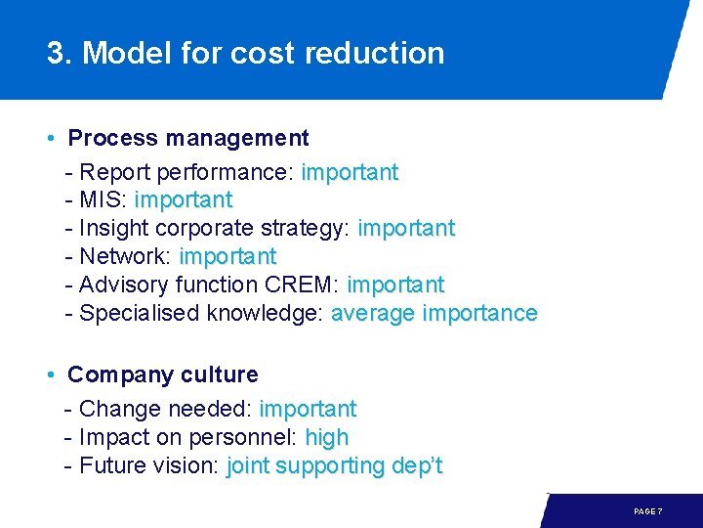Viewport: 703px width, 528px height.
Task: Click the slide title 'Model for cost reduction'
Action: [x=264, y=53]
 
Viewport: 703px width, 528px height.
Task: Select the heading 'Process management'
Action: [x=188, y=138]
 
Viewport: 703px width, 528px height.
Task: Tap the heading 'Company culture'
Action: [x=163, y=374]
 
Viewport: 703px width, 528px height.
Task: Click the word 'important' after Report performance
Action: [x=350, y=173]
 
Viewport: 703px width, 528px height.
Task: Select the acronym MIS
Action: [x=101, y=200]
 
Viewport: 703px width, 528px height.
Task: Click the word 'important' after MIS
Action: [x=184, y=200]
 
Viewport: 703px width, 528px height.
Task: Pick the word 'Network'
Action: [x=125, y=257]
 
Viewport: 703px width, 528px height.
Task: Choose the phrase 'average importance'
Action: [x=434, y=314]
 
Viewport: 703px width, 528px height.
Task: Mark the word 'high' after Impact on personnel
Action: [x=326, y=438]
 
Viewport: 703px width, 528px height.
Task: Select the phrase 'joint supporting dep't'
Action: [x=334, y=466]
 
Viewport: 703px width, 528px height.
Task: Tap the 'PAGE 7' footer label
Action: [x=648, y=511]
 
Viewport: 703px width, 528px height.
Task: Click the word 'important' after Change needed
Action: [x=308, y=409]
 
